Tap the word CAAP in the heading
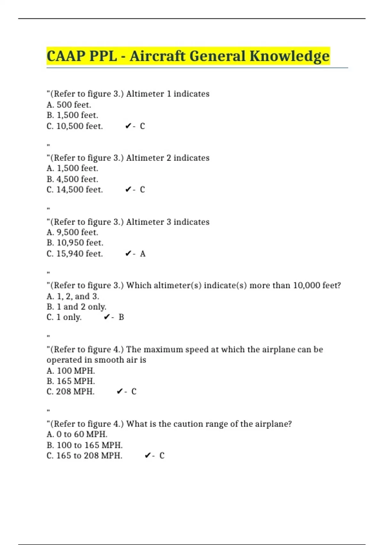(66, 56)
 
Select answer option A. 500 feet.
(69, 105)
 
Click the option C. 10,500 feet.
(75, 126)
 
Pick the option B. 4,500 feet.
(72, 179)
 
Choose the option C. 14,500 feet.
(75, 189)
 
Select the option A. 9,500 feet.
(72, 232)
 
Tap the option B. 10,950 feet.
(75, 243)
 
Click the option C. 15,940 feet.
(75, 254)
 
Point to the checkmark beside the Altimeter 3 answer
(128, 254)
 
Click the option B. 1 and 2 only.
(76, 307)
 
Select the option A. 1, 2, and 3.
(73, 296)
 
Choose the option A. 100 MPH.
(71, 371)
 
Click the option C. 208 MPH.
(70, 391)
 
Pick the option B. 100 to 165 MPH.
(84, 445)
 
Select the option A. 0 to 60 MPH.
(77, 434)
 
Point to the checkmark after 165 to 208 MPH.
(148, 456)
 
